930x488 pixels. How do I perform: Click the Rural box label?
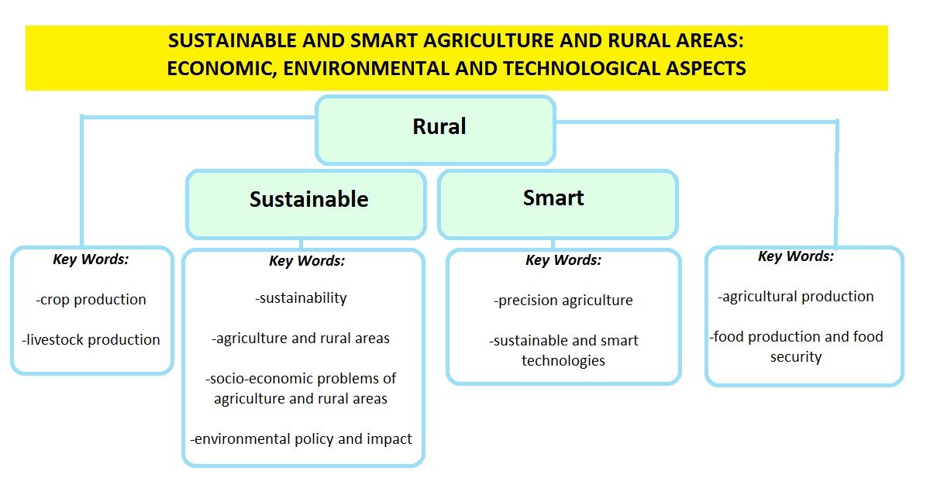(x=439, y=126)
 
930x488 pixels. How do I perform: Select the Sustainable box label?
(x=309, y=199)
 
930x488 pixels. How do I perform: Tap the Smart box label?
(x=553, y=198)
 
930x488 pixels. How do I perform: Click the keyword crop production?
(x=91, y=300)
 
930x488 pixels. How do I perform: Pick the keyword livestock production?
(x=91, y=339)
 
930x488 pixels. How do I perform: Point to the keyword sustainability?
(x=301, y=298)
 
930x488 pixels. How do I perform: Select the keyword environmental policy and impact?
(x=301, y=439)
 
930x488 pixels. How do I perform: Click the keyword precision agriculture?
(x=563, y=301)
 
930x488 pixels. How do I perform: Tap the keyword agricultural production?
(x=796, y=297)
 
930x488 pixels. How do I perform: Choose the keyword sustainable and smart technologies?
(x=563, y=351)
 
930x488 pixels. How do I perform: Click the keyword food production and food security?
(x=797, y=347)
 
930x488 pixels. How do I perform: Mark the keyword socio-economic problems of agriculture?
(x=301, y=389)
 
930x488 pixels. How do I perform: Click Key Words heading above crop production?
(x=91, y=259)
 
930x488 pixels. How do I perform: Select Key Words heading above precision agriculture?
(x=563, y=260)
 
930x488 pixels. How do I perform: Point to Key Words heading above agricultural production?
(x=796, y=256)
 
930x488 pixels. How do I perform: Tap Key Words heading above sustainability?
(x=307, y=261)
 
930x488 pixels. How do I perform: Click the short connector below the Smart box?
(x=553, y=244)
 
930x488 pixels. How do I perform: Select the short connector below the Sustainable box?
(x=301, y=244)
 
